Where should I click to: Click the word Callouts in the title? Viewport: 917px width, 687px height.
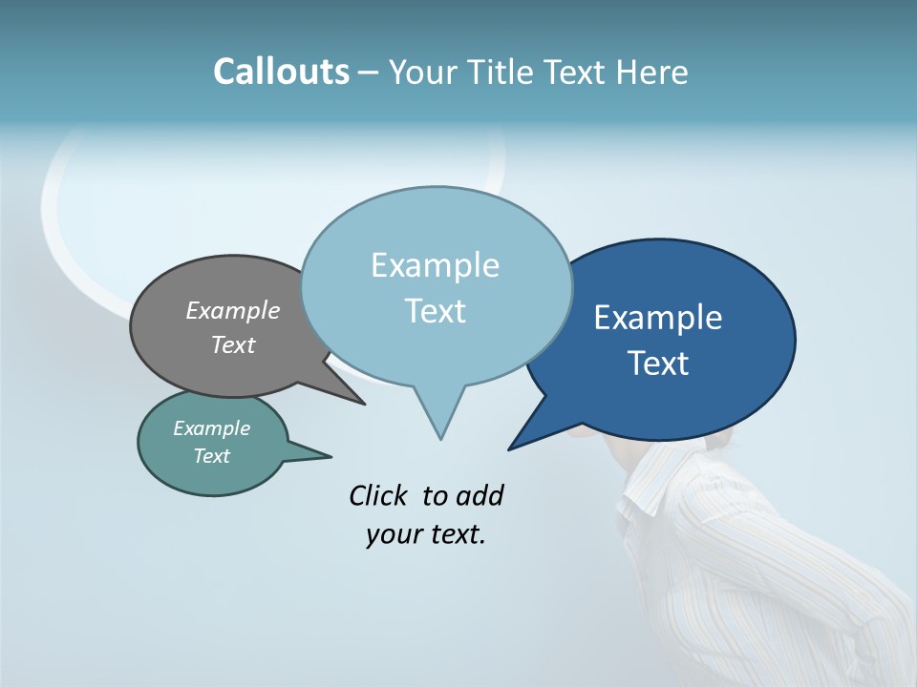(281, 72)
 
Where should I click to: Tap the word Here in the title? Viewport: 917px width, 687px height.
(652, 73)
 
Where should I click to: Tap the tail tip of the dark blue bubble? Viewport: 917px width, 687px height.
(510, 448)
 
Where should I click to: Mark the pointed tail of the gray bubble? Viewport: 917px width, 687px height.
(363, 404)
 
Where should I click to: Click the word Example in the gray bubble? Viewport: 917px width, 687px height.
(233, 310)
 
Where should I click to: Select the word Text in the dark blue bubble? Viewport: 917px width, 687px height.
(659, 364)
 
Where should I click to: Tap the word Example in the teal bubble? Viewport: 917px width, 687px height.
(211, 428)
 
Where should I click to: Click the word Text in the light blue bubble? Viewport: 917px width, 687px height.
(436, 311)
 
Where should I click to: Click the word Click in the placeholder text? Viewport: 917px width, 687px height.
(378, 495)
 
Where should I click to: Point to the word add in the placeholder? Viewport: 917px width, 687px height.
(479, 495)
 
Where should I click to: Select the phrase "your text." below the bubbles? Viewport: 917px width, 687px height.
(426, 534)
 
